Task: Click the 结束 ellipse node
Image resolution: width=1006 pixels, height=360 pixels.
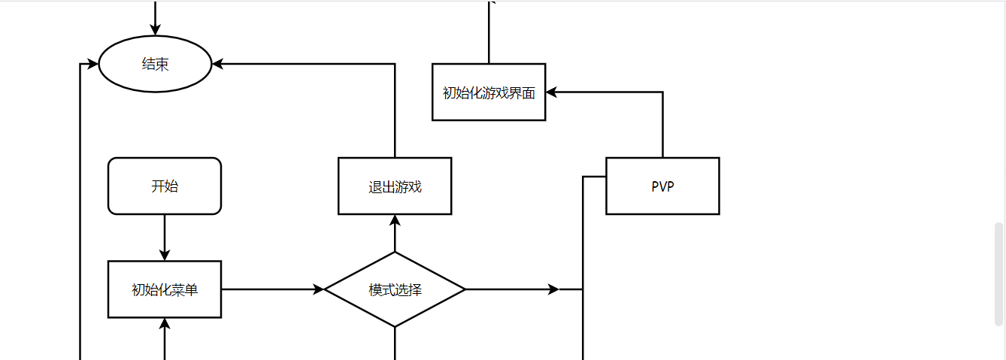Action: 156,65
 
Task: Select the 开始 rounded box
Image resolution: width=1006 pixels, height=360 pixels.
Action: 165,186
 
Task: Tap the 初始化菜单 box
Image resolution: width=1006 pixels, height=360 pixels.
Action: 165,289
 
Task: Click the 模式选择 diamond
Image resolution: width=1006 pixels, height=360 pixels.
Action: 395,289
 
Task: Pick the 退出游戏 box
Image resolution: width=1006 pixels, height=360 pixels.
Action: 395,186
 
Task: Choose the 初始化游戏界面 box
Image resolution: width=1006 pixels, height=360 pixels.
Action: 489,92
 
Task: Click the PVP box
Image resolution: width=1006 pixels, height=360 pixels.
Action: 662,186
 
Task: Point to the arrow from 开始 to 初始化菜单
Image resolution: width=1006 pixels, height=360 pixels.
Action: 165,237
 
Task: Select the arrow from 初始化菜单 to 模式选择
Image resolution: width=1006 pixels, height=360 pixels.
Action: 271,289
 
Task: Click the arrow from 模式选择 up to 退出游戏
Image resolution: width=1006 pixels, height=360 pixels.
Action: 395,234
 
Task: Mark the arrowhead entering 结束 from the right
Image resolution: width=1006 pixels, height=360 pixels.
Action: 219,65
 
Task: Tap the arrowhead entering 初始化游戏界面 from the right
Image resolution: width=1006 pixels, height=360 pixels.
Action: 552,92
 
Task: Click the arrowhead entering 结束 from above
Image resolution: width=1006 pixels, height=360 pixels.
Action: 156,29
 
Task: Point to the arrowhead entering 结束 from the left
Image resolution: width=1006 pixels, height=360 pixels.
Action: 93,65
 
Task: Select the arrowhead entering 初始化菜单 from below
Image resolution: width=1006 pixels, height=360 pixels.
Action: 165,324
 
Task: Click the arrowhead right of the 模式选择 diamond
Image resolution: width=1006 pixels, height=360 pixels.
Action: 554,289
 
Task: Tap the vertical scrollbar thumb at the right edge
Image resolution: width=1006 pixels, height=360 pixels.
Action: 998,274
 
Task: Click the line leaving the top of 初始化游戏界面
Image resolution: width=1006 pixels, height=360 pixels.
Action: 489,34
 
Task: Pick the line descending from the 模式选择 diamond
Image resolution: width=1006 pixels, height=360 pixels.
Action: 395,343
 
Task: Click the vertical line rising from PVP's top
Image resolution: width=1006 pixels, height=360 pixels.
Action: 662,125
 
